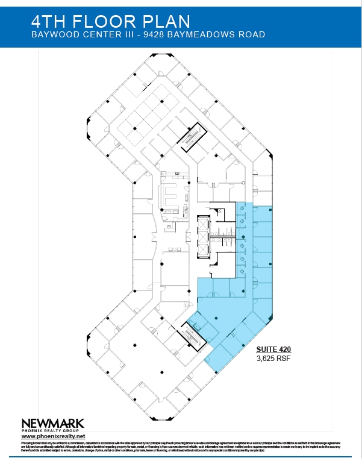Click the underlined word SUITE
point(267,349)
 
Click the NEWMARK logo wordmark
point(53,423)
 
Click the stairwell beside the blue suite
point(194,333)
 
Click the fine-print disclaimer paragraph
point(181,447)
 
